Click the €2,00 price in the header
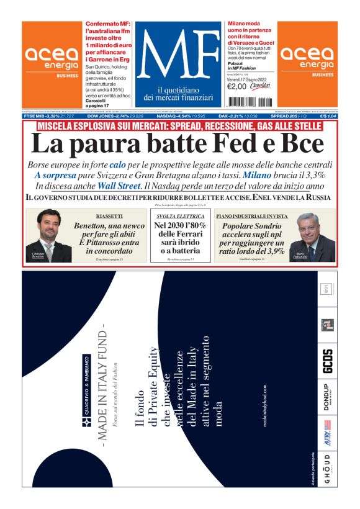pos(238,86)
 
